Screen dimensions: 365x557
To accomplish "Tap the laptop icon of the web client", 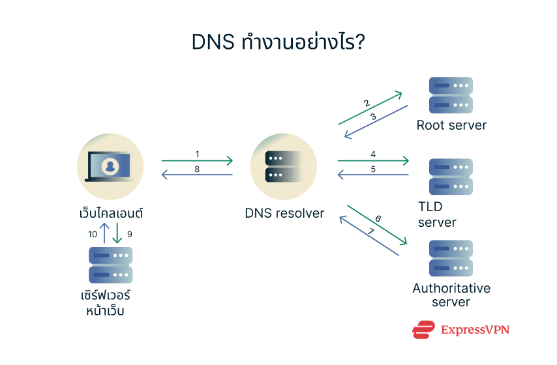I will click(110, 166).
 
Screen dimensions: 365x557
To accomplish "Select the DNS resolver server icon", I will click(284, 167).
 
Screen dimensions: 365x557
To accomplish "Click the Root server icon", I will click(451, 95).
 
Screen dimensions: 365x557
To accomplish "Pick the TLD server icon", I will click(451, 176).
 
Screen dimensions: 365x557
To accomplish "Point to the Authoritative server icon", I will click(451, 257).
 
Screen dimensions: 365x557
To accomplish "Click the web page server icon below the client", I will click(110, 264).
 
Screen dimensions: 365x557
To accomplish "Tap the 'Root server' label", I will click(451, 125).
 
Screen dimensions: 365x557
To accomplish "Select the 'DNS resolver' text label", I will click(284, 213).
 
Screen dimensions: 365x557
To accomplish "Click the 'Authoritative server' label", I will click(451, 295).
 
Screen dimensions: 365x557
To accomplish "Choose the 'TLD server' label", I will click(436, 214).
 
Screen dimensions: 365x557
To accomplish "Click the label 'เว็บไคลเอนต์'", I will click(109, 213).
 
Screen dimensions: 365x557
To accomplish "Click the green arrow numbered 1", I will click(197, 160).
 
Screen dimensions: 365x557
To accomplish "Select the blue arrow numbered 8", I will click(197, 175).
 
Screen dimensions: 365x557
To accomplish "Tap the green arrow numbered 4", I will click(373, 160).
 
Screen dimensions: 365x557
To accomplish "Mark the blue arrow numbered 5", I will click(373, 175).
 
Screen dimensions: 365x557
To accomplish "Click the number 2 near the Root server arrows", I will click(367, 103).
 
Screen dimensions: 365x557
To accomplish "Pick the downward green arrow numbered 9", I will click(117, 233).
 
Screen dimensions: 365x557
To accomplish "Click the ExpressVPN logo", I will click(460, 330).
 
